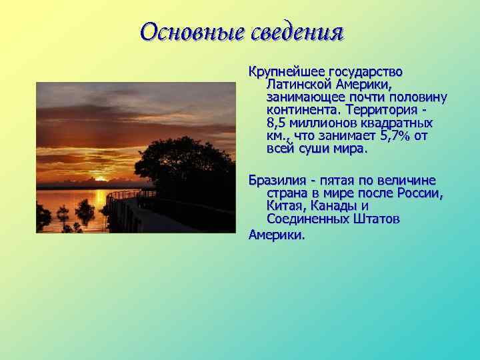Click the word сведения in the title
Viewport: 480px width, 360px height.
(x=297, y=31)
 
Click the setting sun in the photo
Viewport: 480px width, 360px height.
(x=101, y=179)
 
